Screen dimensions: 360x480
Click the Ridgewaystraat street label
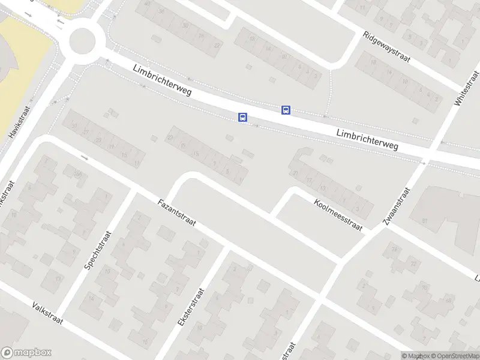click(386, 47)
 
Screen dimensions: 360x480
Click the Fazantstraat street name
click(179, 217)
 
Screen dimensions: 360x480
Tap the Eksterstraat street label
click(191, 307)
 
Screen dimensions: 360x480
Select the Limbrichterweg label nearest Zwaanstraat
click(367, 139)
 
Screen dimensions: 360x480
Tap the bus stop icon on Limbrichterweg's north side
click(286, 110)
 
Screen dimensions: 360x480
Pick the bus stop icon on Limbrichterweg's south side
click(242, 117)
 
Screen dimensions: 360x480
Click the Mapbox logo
click(26, 353)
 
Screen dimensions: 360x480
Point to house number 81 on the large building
click(424, 221)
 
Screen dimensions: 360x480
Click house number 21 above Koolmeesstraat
click(295, 173)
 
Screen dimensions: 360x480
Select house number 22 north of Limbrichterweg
click(217, 45)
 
